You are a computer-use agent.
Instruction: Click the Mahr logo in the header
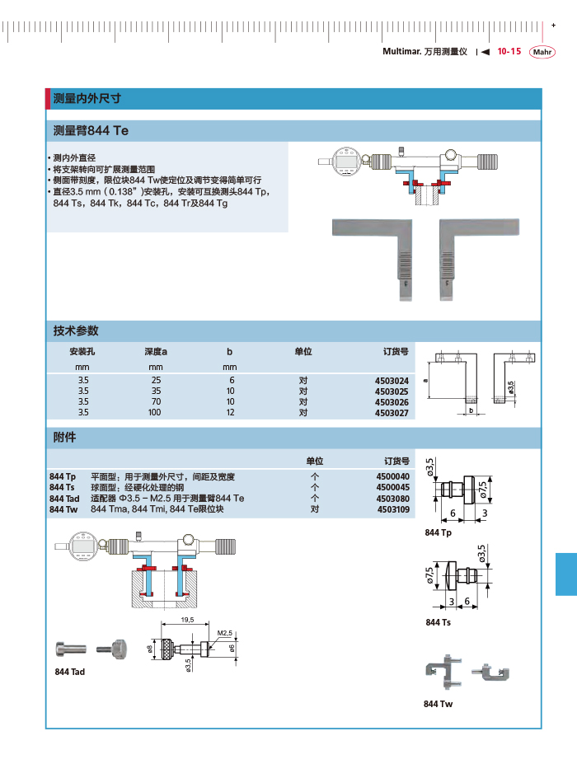click(x=542, y=52)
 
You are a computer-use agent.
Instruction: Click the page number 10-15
click(x=509, y=51)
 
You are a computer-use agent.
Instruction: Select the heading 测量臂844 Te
click(x=91, y=131)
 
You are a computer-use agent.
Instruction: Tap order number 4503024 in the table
click(x=392, y=381)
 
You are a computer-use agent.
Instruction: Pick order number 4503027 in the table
click(x=392, y=412)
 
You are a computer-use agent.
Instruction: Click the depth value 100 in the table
click(x=155, y=412)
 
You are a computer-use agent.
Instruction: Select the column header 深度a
click(x=155, y=352)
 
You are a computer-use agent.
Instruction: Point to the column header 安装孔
click(x=83, y=352)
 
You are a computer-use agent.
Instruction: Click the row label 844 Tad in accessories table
click(x=64, y=499)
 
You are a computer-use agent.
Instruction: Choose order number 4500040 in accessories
click(x=392, y=477)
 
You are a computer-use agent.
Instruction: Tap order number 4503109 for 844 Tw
click(x=392, y=509)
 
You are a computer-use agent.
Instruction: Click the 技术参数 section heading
click(x=76, y=330)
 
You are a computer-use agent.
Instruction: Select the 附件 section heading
click(x=64, y=437)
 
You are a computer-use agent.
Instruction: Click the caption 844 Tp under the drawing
click(x=438, y=534)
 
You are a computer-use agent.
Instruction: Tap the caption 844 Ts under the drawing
click(x=438, y=622)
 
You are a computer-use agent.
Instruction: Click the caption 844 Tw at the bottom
click(x=438, y=704)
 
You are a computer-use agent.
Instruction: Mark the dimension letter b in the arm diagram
click(x=471, y=410)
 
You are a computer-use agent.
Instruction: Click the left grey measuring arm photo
click(x=370, y=255)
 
